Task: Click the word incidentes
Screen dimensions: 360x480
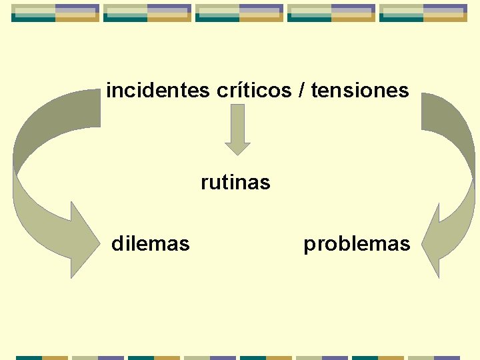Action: (158, 90)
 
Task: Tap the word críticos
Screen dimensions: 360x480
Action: (254, 90)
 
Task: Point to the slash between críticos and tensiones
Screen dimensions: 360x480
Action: (303, 90)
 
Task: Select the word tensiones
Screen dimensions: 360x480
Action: (360, 90)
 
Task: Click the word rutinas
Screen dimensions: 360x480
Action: (235, 182)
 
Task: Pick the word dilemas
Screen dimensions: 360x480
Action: (150, 244)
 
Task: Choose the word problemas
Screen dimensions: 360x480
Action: (357, 244)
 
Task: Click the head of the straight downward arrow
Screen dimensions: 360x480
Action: (237, 148)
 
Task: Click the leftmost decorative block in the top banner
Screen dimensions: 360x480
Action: (55, 13)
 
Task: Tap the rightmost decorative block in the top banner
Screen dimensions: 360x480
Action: (423, 13)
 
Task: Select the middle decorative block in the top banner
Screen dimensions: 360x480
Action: (239, 13)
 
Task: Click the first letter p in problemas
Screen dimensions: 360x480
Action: (309, 245)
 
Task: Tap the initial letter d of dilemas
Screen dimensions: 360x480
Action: (117, 244)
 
